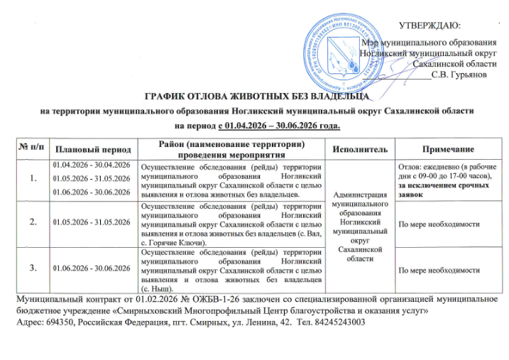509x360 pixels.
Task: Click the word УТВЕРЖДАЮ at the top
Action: pos(434,26)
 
